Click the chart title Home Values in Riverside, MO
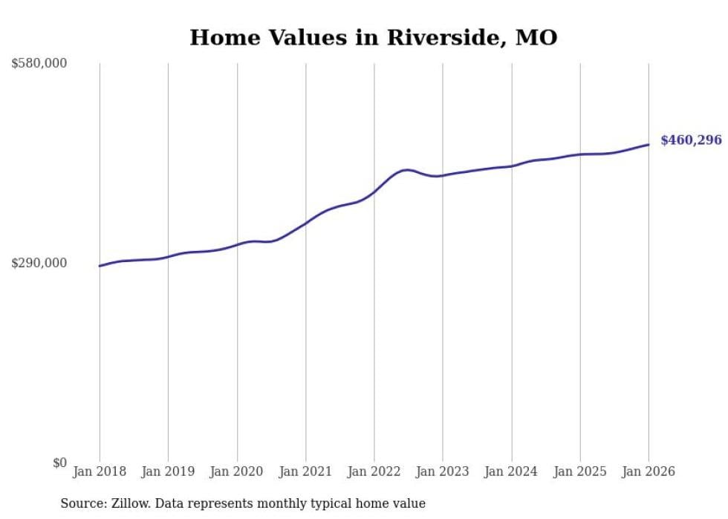tap(373, 37)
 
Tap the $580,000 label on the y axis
tap(39, 64)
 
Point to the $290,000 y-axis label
tap(39, 263)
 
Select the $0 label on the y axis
tap(59, 463)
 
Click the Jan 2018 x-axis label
tap(100, 471)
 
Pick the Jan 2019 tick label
tap(168, 471)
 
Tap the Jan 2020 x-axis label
tap(237, 471)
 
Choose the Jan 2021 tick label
tap(305, 471)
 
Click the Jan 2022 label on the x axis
tap(374, 471)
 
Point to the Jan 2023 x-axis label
tap(443, 471)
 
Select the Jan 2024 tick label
tap(511, 471)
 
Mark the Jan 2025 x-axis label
tap(580, 471)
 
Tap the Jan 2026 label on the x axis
tap(649, 471)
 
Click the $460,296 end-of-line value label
tap(691, 140)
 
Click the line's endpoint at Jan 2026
tap(649, 145)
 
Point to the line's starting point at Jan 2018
tap(100, 266)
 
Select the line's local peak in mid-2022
tap(406, 170)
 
